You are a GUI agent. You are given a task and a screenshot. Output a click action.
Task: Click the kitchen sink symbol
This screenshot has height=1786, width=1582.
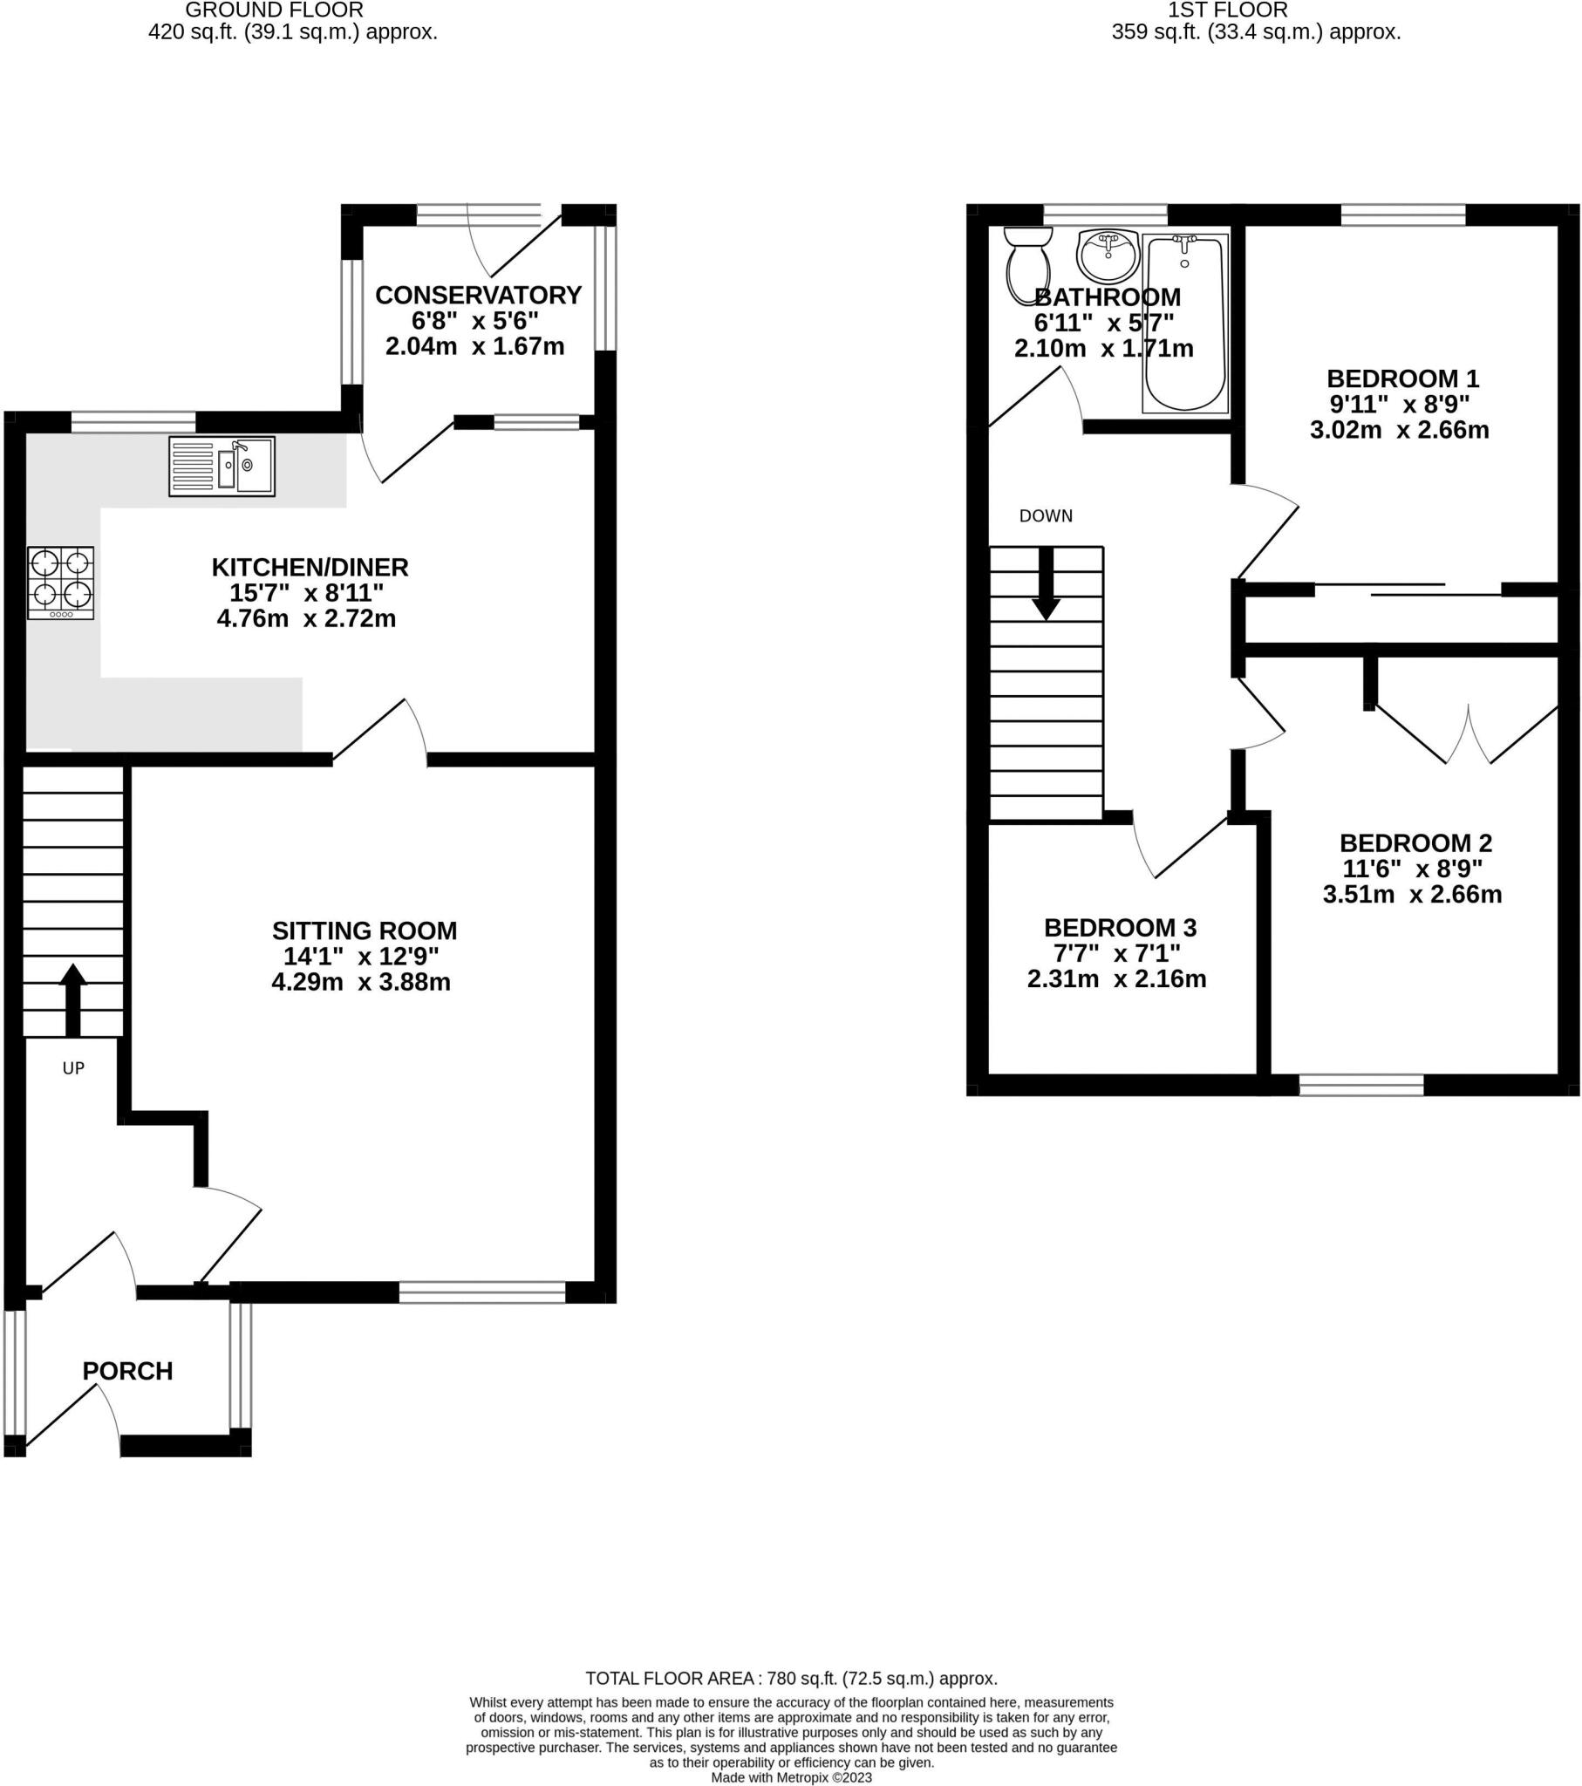[x=222, y=467]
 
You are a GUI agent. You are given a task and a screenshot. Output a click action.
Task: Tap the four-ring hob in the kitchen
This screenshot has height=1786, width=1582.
[x=60, y=583]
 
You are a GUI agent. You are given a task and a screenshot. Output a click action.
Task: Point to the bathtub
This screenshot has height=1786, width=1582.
[x=1185, y=324]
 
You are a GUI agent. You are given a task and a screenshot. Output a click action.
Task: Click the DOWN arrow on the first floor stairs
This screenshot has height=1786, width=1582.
[x=1046, y=584]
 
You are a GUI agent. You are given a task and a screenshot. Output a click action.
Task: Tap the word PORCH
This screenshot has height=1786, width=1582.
[x=127, y=1371]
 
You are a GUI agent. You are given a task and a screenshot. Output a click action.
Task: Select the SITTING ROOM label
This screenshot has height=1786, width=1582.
[x=364, y=930]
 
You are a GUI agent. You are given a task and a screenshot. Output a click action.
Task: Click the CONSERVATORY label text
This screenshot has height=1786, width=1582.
[x=478, y=296]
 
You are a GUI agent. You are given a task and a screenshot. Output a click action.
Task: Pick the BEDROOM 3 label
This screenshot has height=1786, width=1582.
[x=1120, y=927]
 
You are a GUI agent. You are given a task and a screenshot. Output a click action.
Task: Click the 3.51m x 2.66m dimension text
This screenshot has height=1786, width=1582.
[x=1412, y=894]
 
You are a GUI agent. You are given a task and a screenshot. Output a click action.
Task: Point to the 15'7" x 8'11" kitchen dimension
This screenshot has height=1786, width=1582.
[x=307, y=593]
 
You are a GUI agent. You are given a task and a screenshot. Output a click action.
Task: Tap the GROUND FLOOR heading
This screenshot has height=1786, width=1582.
[x=275, y=10]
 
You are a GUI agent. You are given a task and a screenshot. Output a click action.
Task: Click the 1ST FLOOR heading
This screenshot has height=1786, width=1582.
[x=1227, y=10]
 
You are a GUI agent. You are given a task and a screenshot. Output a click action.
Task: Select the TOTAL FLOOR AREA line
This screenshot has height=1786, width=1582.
[x=791, y=1678]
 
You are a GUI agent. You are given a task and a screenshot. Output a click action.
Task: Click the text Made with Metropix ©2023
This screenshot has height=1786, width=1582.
[x=791, y=1777]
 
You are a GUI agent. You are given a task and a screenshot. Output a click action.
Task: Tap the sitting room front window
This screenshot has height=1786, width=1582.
[x=482, y=1292]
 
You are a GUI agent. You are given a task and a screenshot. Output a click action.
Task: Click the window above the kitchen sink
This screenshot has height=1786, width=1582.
[x=133, y=422]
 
